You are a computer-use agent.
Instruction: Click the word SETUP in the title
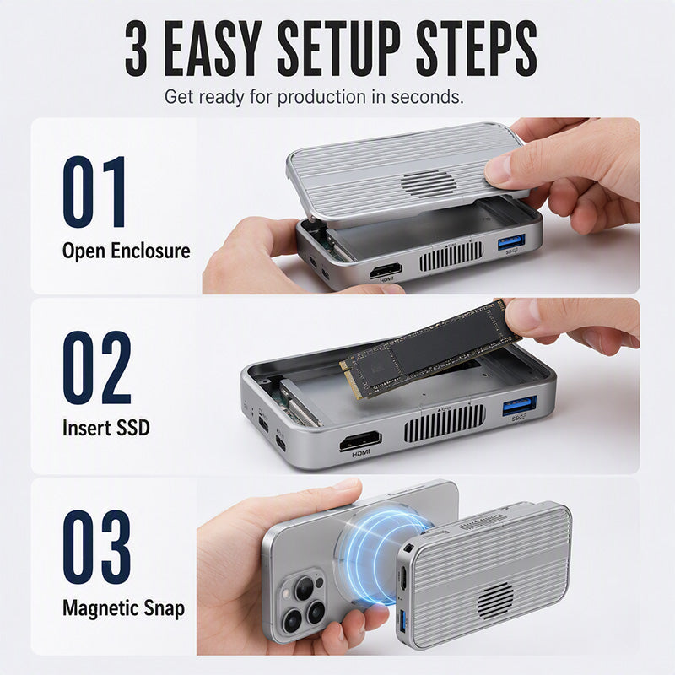click(x=338, y=48)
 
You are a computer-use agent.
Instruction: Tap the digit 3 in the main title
click(x=137, y=48)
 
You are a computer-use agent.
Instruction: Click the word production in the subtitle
click(x=321, y=97)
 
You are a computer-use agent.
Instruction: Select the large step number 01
click(x=94, y=192)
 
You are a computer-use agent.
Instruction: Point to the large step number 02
click(x=97, y=368)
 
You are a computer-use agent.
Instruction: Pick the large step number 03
click(x=97, y=547)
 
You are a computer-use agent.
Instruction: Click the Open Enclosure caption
click(x=126, y=251)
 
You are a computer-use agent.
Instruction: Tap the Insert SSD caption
click(x=106, y=428)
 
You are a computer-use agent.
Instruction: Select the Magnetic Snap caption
click(x=123, y=608)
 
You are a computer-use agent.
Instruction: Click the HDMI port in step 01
click(x=386, y=270)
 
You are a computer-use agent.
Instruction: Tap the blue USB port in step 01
click(x=511, y=241)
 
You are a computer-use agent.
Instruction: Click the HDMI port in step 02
click(x=360, y=440)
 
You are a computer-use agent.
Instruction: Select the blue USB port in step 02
click(x=520, y=406)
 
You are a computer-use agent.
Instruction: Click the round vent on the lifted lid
click(x=429, y=183)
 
